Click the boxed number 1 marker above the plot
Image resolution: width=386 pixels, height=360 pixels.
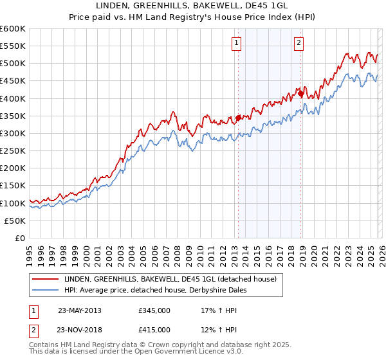point(237,43)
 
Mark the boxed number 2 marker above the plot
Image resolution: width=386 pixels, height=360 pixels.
point(299,43)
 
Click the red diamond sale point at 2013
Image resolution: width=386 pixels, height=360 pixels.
point(238,118)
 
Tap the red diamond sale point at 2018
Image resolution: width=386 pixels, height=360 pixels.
point(301,93)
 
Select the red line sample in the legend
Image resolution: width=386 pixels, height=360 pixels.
point(47,279)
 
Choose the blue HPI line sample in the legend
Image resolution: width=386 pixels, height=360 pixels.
point(47,290)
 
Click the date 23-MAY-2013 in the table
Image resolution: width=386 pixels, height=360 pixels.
point(80,310)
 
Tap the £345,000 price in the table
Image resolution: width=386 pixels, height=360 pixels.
point(154,310)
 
